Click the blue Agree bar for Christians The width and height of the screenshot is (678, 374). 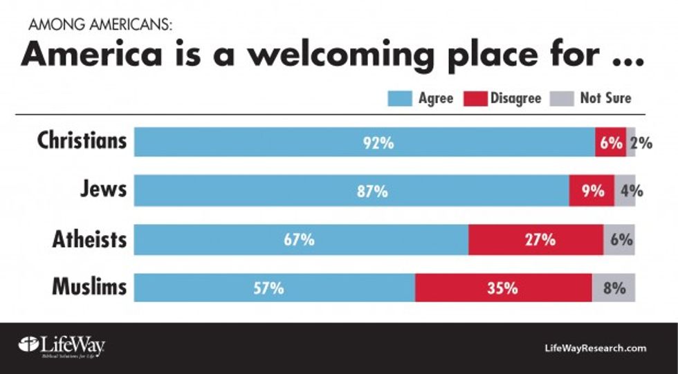365,142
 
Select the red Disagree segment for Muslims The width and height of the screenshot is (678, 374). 503,288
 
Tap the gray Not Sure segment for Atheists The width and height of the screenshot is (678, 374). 619,240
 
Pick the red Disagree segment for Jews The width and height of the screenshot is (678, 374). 592,191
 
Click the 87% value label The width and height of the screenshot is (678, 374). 372,191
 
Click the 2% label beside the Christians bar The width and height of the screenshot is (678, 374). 641,143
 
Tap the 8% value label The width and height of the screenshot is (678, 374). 614,288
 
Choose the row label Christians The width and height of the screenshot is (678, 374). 82,140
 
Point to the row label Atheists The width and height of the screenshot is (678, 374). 89,239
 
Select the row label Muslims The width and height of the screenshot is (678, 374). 89,286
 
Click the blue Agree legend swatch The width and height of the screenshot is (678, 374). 399,99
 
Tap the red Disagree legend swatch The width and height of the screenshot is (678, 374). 479,99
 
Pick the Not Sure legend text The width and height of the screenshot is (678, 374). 605,98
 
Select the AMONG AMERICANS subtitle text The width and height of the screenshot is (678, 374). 100,26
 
